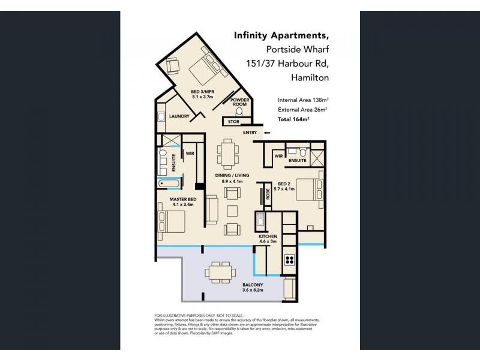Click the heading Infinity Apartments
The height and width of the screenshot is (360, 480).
(281, 36)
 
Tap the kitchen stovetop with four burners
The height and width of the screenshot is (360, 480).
(289, 260)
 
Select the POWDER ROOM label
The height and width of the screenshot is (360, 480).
(240, 102)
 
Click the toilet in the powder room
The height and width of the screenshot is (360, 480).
(240, 111)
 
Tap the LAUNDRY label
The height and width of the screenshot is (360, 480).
(179, 116)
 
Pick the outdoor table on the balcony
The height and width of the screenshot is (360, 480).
(218, 272)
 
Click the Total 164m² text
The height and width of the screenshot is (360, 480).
(293, 120)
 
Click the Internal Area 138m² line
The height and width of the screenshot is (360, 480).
(302, 100)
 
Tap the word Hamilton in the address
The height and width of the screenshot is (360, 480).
(310, 77)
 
